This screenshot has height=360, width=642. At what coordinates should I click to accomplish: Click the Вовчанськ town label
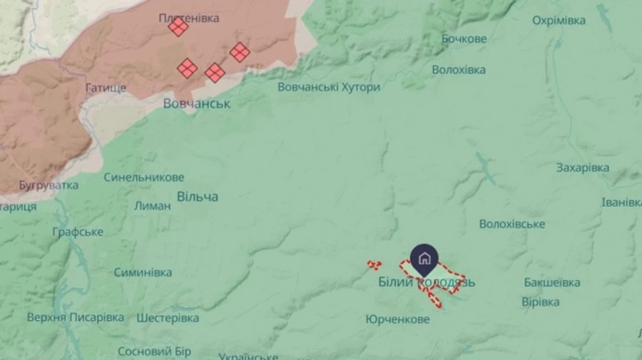pyautogui.click(x=196, y=103)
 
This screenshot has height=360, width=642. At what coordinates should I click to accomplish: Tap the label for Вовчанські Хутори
pyautogui.click(x=329, y=87)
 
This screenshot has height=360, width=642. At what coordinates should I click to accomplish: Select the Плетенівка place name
pyautogui.click(x=189, y=18)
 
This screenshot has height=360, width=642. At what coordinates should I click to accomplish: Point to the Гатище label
pyautogui.click(x=107, y=88)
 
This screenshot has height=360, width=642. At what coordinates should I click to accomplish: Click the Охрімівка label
pyautogui.click(x=559, y=20)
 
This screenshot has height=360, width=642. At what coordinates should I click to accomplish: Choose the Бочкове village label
pyautogui.click(x=464, y=38)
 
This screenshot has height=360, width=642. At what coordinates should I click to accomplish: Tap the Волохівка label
pyautogui.click(x=459, y=70)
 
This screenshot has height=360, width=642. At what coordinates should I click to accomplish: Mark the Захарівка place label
pyautogui.click(x=583, y=168)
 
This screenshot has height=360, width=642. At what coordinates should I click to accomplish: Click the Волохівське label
pyautogui.click(x=512, y=224)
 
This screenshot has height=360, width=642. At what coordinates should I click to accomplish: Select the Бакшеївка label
pyautogui.click(x=551, y=282)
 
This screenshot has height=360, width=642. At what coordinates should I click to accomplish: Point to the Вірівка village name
pyautogui.click(x=540, y=302)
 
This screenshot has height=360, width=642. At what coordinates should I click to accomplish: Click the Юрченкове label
pyautogui.click(x=397, y=319)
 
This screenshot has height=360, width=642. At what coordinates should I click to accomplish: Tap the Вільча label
pyautogui.click(x=198, y=196)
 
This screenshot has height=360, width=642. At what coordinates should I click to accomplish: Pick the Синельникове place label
pyautogui.click(x=143, y=177)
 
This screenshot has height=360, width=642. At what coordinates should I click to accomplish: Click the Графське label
pyautogui.click(x=78, y=232)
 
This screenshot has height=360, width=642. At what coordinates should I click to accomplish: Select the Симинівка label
pyautogui.click(x=143, y=272)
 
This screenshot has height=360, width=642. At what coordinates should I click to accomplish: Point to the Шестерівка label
pyautogui.click(x=168, y=317)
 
